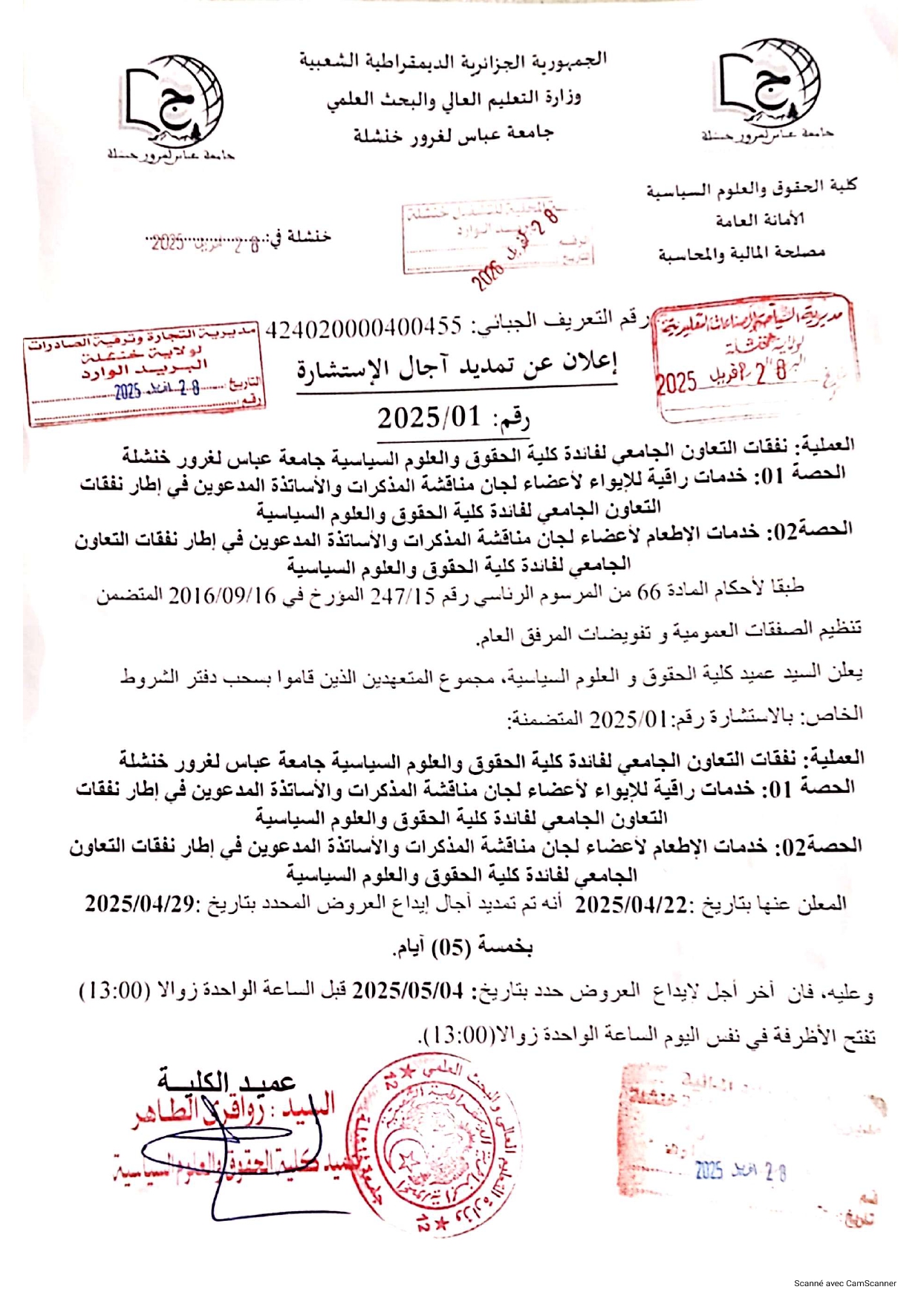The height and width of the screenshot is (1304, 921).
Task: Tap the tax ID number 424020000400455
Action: click(x=364, y=327)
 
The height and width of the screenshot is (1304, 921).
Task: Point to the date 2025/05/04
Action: click(x=408, y=990)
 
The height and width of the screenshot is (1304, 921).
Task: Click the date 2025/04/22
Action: click(x=632, y=904)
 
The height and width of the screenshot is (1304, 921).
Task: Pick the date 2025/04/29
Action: click(x=140, y=904)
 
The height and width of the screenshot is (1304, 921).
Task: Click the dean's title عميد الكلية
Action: click(x=227, y=1079)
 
